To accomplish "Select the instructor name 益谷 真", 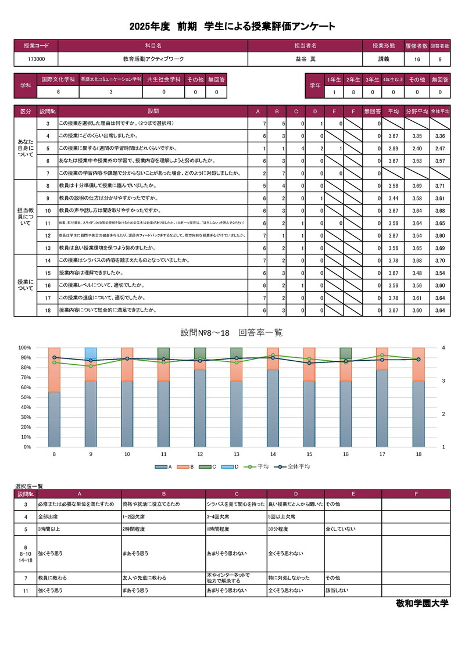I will pos(305,59).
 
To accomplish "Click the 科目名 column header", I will pos(153,45).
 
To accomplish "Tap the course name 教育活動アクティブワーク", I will pos(153,59).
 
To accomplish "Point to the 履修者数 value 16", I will pos(417,59).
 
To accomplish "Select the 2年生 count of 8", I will pos(353,92).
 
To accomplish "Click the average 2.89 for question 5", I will pos(392,148).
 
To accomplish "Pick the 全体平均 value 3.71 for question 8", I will pos(439,186).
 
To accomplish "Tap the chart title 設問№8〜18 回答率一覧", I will pos(231,333).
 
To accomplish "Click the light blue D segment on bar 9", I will pos(91,354).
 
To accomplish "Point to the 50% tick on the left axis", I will pos(25,397).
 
